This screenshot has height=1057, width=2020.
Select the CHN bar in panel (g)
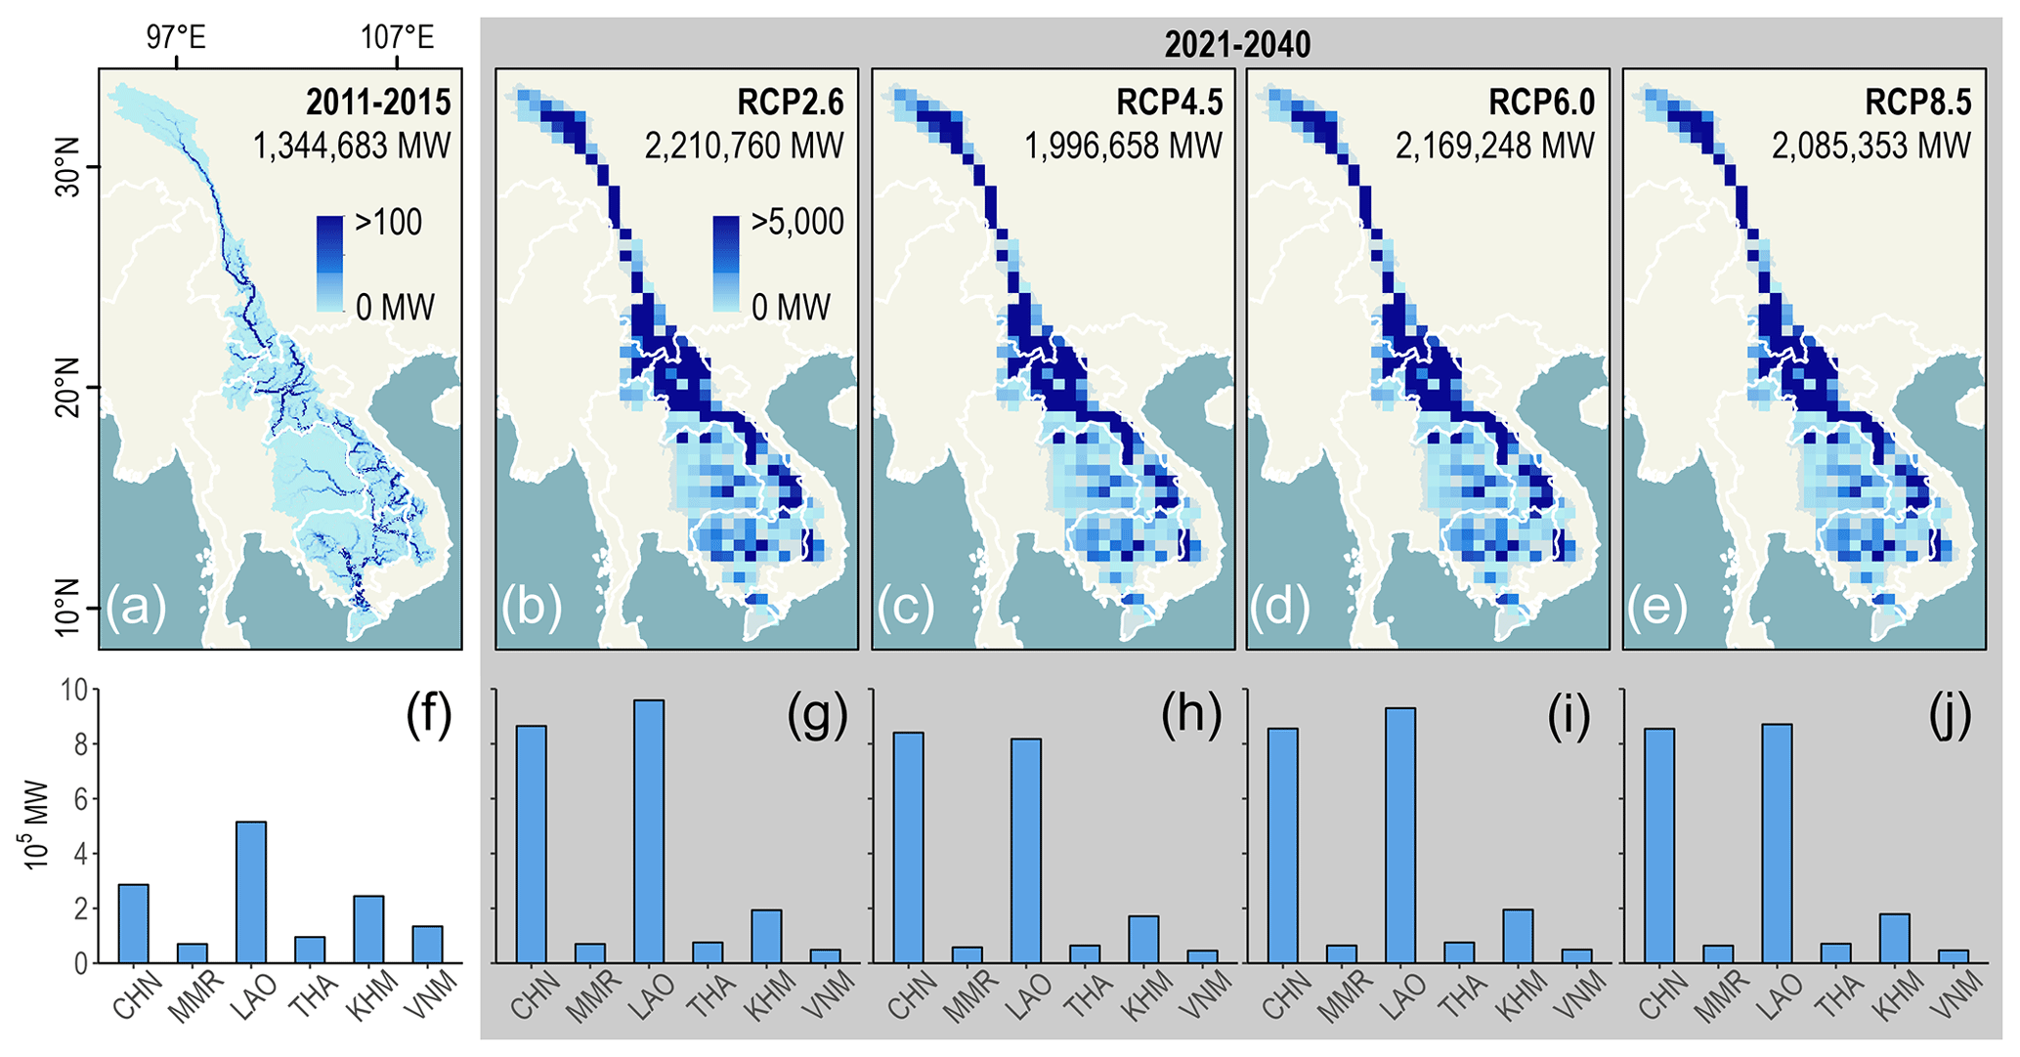click(x=531, y=844)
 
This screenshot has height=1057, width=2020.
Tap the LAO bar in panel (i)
click(x=1399, y=835)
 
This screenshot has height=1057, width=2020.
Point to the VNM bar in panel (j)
click(x=1953, y=956)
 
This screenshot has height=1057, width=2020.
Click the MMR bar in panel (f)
click(x=192, y=952)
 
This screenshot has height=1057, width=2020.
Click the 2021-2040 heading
click(x=1236, y=45)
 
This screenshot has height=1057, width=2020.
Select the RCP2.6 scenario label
click(x=791, y=103)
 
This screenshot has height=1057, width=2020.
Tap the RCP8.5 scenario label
click(x=1917, y=103)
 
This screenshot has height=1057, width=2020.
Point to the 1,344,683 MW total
click(x=352, y=147)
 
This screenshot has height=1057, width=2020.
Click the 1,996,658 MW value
click(x=1123, y=147)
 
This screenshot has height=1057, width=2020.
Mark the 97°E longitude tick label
click(x=176, y=38)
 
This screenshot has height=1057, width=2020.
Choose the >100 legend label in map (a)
click(x=389, y=223)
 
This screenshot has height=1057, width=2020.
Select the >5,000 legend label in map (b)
click(x=796, y=223)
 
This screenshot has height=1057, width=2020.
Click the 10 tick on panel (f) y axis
click(x=73, y=691)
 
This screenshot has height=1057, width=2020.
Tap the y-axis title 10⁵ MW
click(x=36, y=825)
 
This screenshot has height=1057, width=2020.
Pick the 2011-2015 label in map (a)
click(x=378, y=103)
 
